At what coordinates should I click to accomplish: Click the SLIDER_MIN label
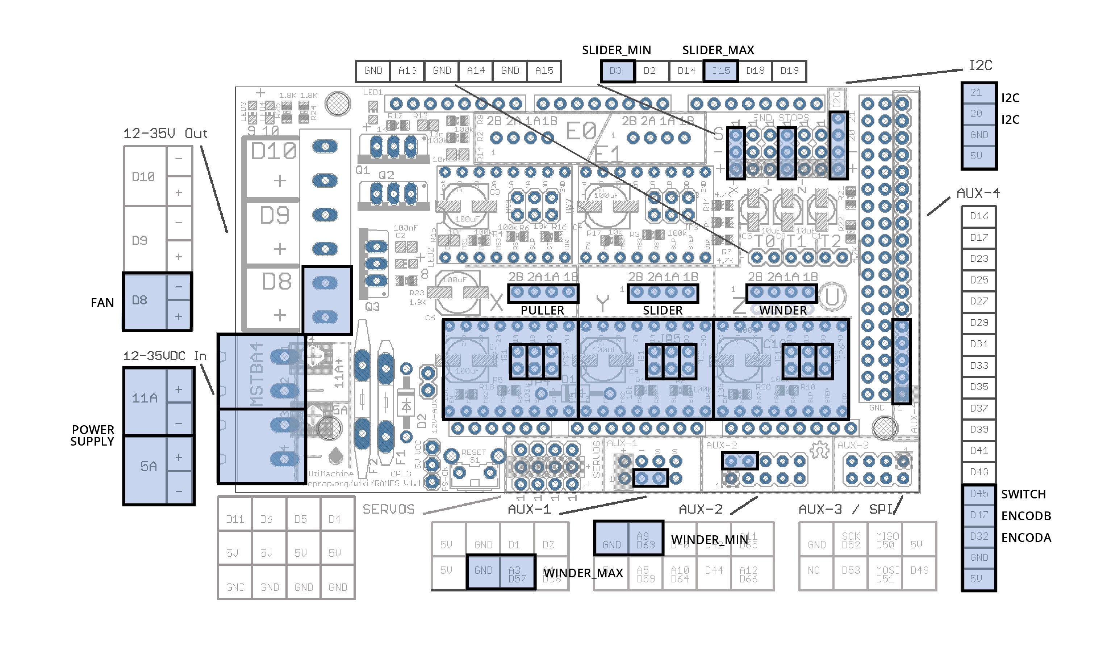point(617,50)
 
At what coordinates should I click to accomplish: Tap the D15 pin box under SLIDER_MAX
point(721,71)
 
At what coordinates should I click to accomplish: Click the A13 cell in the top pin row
point(407,71)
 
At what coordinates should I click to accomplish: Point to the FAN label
point(102,303)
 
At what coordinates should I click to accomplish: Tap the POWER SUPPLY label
point(92,435)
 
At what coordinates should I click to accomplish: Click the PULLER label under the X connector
point(542,310)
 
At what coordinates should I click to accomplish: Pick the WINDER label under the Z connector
point(783,310)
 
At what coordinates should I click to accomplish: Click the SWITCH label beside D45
point(1023,494)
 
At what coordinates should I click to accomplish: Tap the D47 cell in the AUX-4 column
point(979,515)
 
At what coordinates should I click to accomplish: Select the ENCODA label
point(1026,538)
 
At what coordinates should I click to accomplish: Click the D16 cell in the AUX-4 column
point(979,216)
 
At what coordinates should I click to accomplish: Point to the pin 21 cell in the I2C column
point(976,92)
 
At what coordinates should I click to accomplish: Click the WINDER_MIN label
point(709,539)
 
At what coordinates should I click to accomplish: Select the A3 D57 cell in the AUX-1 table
point(517,574)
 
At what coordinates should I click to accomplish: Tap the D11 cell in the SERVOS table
point(235,519)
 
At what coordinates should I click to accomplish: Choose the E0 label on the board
point(580,131)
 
